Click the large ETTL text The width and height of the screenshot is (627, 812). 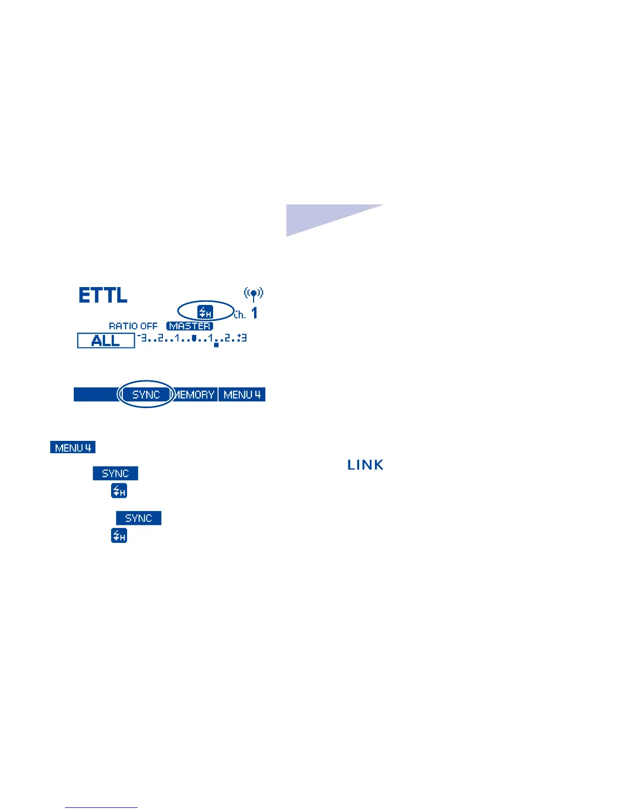[103, 295]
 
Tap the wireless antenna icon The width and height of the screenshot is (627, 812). [254, 294]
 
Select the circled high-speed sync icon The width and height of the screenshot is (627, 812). [205, 311]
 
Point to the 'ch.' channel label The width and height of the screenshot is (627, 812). [240, 315]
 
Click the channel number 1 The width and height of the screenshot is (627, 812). [255, 313]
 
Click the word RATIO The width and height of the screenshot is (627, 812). [123, 326]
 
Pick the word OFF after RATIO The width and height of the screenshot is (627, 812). [149, 326]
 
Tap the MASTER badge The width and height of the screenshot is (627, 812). [190, 326]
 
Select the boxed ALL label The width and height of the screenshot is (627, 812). [106, 341]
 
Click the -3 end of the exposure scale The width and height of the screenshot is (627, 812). [142, 338]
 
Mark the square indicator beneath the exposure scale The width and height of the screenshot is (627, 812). [216, 345]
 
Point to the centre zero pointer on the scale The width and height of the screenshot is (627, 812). [194, 338]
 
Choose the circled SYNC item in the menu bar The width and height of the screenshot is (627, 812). [146, 395]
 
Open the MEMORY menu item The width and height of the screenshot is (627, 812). [195, 395]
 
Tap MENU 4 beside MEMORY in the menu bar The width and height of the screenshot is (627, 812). [242, 395]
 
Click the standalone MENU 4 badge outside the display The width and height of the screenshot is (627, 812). [73, 448]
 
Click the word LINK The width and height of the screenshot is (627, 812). [365, 465]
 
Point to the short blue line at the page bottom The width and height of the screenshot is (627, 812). [101, 807]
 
